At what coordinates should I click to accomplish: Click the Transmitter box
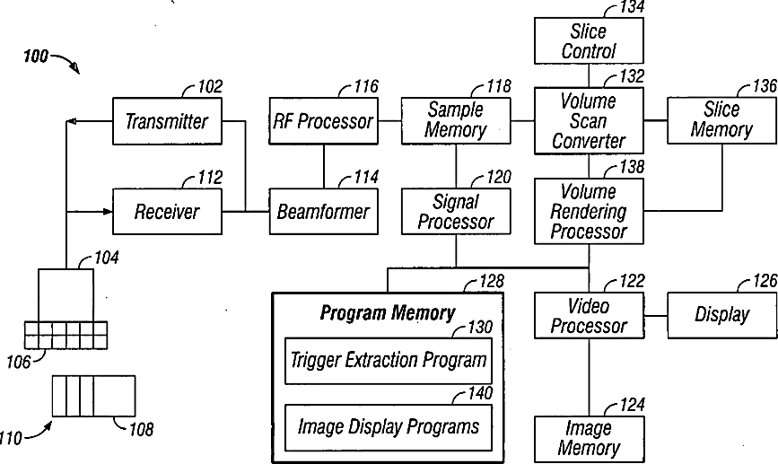[x=166, y=121]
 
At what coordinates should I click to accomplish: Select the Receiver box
[x=166, y=213]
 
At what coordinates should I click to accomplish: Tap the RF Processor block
[x=323, y=121]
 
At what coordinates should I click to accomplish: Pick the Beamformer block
[x=323, y=213]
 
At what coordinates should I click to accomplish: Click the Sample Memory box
[x=456, y=119]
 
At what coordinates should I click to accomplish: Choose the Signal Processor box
[x=456, y=212]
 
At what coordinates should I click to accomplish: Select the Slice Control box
[x=589, y=41]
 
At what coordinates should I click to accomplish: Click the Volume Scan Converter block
[x=589, y=120]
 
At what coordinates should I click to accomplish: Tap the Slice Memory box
[x=721, y=120]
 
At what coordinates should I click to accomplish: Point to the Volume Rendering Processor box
[x=589, y=212]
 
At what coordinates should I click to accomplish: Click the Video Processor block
[x=589, y=315]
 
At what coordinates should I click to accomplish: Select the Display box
[x=721, y=315]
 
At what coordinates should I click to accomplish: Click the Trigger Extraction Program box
[x=389, y=361]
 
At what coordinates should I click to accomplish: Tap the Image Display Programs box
[x=389, y=426]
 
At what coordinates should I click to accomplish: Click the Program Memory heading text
[x=388, y=313]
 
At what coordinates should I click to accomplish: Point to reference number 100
[x=35, y=57]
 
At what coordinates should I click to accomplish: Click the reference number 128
[x=491, y=282]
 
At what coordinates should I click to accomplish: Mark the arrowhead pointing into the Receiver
[x=107, y=213]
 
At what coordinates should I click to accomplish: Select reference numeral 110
[x=13, y=439]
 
